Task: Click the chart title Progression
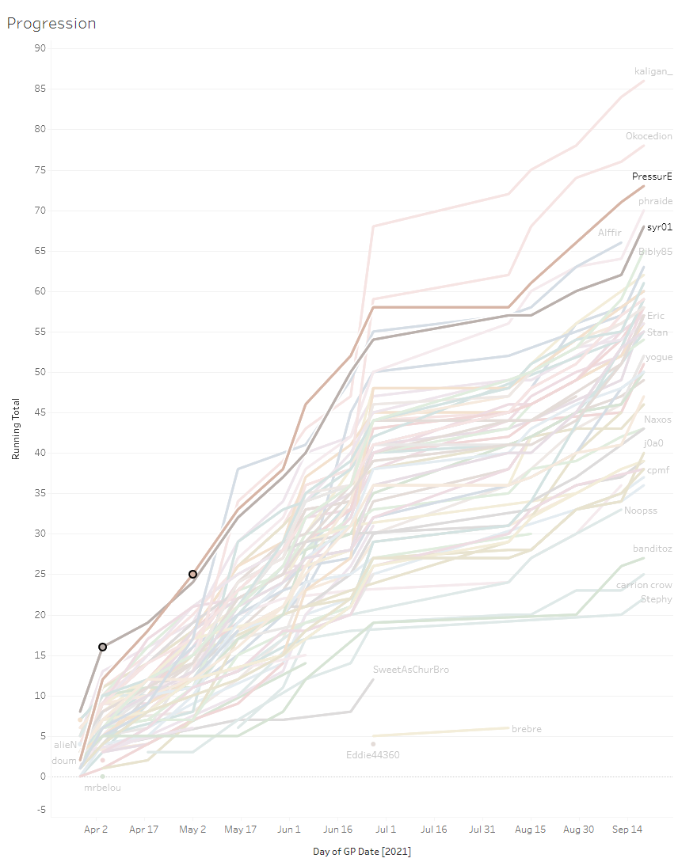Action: [x=51, y=24]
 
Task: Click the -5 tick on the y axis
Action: [x=40, y=809]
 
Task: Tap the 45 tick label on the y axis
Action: [x=40, y=412]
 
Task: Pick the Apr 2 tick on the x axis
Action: [x=96, y=830]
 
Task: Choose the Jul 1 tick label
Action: [x=386, y=830]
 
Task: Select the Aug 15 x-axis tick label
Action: [x=531, y=830]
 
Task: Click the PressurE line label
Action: [x=652, y=177]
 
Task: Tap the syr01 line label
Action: [x=659, y=227]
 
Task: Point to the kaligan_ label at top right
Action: [x=653, y=71]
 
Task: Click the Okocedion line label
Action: [x=649, y=136]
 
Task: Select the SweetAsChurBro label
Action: [x=411, y=670]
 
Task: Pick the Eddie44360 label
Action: [x=373, y=755]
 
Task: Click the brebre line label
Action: [x=527, y=729]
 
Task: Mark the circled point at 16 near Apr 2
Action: [x=102, y=647]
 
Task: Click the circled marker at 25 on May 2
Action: [x=192, y=574]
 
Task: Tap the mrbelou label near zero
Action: [x=103, y=788]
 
